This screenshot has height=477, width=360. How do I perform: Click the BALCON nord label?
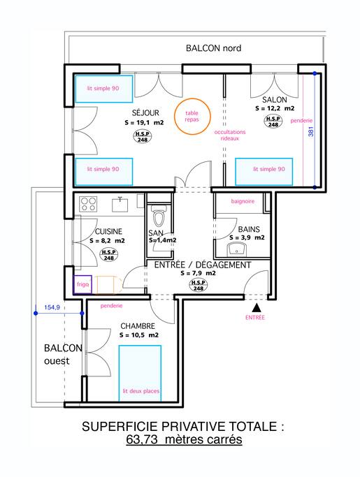click(213, 48)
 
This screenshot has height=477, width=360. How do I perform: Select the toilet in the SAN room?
click(159, 215)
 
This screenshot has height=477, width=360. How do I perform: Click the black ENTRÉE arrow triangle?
click(257, 308)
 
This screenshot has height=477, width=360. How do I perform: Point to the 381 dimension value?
click(311, 131)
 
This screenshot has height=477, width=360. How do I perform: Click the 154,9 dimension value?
click(52, 307)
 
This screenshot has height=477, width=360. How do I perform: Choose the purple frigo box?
click(82, 285)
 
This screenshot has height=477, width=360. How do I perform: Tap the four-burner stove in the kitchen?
click(88, 204)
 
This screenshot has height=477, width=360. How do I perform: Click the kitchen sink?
click(121, 204)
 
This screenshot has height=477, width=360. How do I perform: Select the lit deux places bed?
click(140, 374)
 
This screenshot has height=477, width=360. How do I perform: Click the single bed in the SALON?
click(264, 172)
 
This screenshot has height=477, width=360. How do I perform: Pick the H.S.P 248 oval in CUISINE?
click(109, 255)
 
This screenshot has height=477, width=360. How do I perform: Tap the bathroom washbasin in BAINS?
click(237, 249)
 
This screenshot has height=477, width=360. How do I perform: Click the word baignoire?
click(243, 201)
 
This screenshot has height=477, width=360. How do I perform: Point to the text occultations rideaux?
click(230, 135)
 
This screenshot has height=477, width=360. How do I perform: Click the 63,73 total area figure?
click(142, 439)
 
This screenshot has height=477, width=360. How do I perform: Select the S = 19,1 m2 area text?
click(145, 123)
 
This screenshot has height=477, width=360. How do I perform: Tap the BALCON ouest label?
click(63, 354)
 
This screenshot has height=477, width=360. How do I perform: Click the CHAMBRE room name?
click(138, 326)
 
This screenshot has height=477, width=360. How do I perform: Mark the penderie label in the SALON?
click(301, 121)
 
